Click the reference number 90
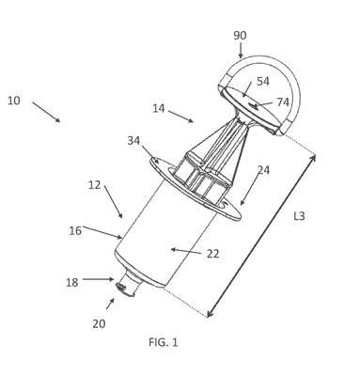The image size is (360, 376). coord(240,36)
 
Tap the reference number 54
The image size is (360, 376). coord(263,82)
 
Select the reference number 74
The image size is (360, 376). coord(283,102)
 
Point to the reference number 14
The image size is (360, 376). coord(159,108)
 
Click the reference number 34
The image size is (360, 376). coord(133,141)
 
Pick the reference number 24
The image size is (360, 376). coord(263,170)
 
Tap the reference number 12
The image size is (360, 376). coord(94,185)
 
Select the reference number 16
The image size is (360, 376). coord(75,231)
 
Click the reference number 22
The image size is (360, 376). coord(212,254)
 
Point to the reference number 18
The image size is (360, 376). coord(71,283)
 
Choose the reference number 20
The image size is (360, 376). coord(99,324)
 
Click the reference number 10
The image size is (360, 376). coord(14,101)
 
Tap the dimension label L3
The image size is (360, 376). coord(299,216)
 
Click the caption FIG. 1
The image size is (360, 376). coord(164,342)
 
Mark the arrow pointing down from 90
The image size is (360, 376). coord(241,51)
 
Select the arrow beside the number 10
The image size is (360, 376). coord(46,112)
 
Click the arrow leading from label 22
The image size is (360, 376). coord(186,251)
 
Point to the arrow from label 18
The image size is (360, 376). coord(98,279)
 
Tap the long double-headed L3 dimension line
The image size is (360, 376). coord(261,236)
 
